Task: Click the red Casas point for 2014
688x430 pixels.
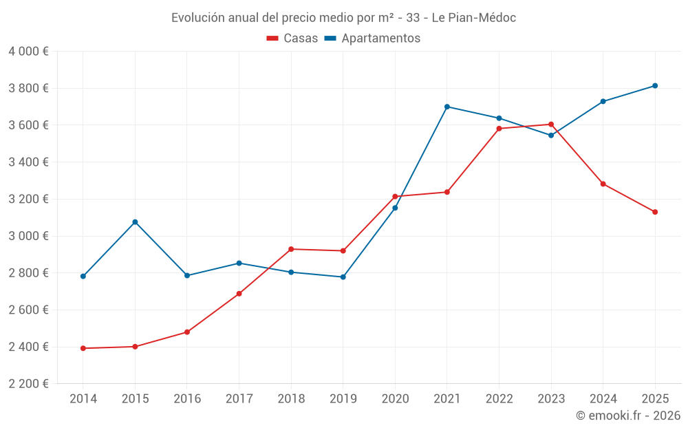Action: coord(83,348)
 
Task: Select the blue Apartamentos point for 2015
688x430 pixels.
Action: coord(135,222)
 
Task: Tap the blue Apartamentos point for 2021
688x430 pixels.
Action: coord(447,107)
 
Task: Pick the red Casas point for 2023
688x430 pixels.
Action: coord(551,125)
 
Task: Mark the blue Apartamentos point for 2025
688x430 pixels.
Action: coord(655,86)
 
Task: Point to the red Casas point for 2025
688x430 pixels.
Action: coord(655,212)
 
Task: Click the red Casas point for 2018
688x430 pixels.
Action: coord(291,249)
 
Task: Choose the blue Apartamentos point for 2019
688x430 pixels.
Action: coord(343,277)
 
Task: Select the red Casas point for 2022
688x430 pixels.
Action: coord(499,129)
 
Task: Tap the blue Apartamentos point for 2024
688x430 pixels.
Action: coord(603,102)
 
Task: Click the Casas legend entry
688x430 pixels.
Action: coord(292,39)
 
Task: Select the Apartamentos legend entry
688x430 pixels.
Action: coord(372,39)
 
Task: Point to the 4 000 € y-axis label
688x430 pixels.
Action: coord(28,52)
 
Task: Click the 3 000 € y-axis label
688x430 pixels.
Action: coord(28,236)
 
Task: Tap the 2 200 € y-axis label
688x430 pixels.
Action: coord(28,384)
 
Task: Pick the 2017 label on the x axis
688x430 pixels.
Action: coord(239,399)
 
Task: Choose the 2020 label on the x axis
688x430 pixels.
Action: coord(395,399)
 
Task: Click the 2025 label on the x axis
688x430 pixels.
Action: coord(655,399)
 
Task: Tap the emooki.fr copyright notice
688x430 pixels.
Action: coord(628,416)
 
